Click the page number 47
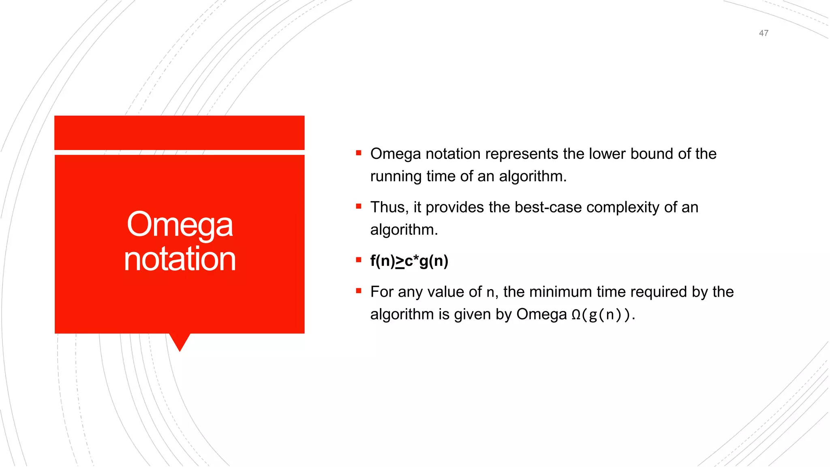764,33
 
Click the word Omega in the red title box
180,225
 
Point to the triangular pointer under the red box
180,342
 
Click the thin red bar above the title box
180,133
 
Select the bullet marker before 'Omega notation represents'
358,153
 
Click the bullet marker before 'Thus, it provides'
358,206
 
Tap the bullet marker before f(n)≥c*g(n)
358,260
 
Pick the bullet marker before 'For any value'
358,291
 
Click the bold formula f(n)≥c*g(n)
409,261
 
